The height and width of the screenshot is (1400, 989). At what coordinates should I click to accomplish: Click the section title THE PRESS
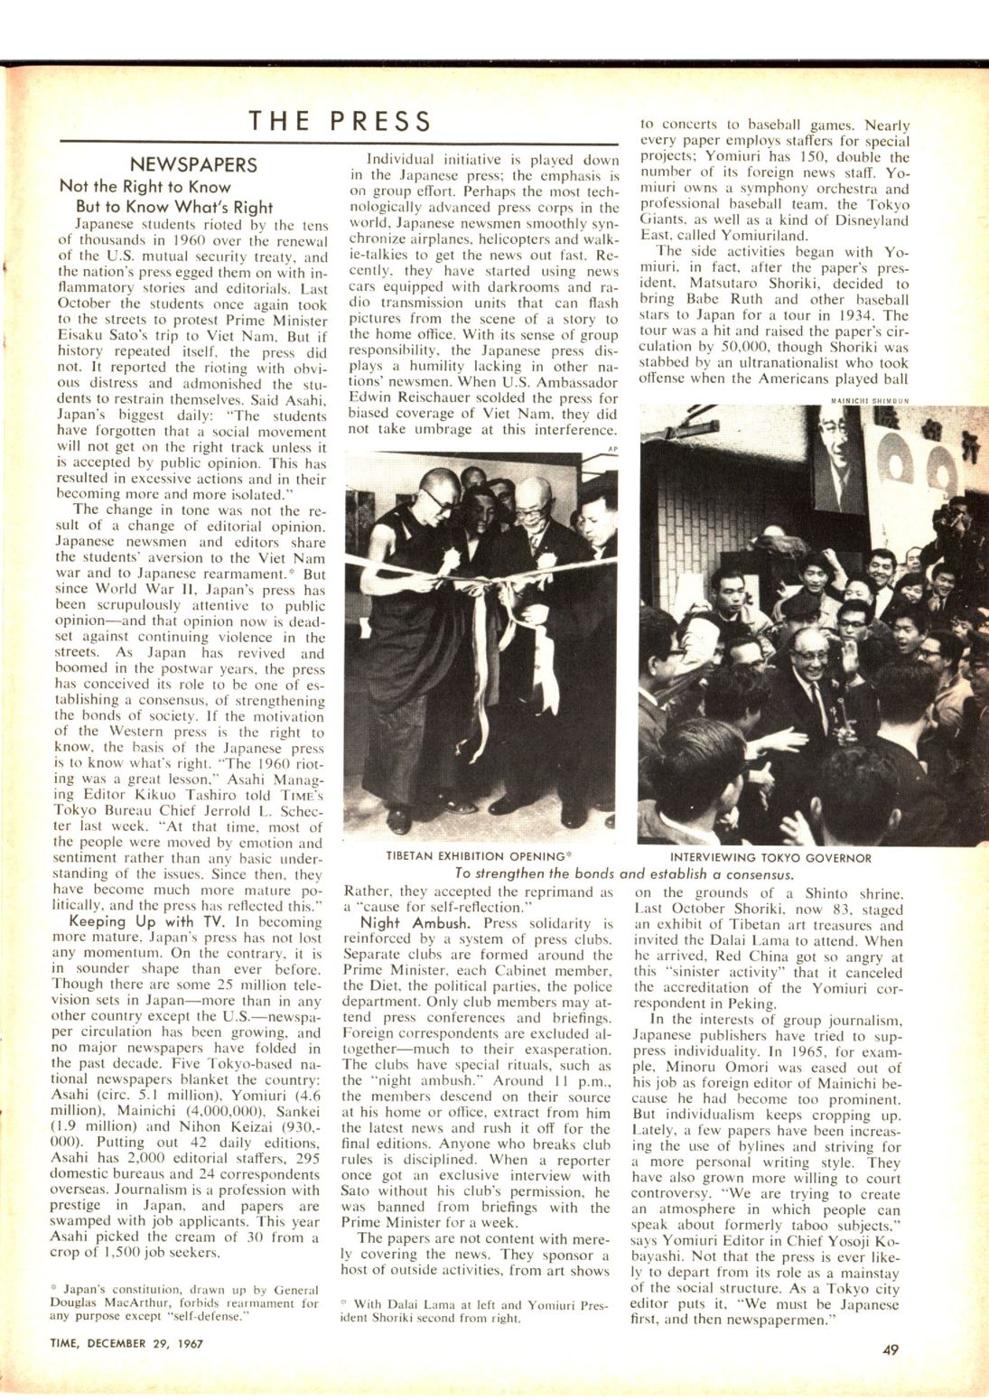pyautogui.click(x=340, y=120)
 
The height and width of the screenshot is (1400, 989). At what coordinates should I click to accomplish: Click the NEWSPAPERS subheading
pyautogui.click(x=192, y=164)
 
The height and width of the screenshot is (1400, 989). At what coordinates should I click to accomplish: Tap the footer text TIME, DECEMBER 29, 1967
pyautogui.click(x=126, y=1343)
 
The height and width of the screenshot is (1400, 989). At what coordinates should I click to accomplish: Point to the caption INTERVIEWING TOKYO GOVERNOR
pyautogui.click(x=770, y=857)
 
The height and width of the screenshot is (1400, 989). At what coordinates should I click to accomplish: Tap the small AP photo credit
pyautogui.click(x=612, y=448)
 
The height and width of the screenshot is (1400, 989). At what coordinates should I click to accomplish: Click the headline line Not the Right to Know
pyautogui.click(x=145, y=186)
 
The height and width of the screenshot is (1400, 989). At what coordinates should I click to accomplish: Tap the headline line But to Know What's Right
pyautogui.click(x=173, y=206)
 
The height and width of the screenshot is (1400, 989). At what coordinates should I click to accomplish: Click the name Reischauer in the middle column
pyautogui.click(x=438, y=397)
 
